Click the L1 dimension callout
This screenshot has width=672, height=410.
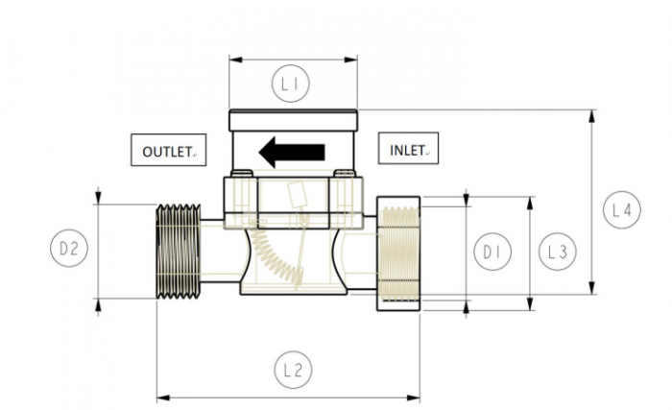tap(294, 85)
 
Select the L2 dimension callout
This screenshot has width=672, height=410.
tap(294, 370)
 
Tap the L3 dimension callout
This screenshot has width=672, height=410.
tap(556, 253)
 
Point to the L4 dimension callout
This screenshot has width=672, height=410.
tap(621, 211)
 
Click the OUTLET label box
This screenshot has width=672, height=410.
tap(168, 152)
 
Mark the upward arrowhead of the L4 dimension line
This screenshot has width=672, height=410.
tap(592, 115)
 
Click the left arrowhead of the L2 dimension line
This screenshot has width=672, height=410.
tap(161, 395)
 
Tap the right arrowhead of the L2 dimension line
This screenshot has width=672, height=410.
tap(415, 395)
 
